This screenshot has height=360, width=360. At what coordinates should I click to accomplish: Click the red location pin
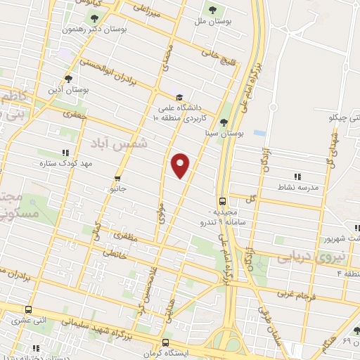tap(181, 165)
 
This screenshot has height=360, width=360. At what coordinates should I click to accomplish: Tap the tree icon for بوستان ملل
tap(212, 9)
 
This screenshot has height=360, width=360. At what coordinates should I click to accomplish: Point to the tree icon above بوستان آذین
tap(68, 79)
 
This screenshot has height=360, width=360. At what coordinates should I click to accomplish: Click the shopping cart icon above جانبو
tap(117, 178)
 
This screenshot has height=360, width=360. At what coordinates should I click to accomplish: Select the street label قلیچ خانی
tap(215, 51)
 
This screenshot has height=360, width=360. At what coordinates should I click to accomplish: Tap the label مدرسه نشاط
tap(296, 188)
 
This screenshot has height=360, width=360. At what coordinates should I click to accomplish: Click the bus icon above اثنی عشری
tap(29, 309)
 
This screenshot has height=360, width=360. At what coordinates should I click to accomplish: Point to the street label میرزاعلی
tap(148, 11)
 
